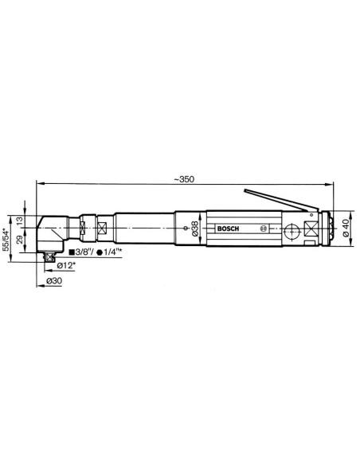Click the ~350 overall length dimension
point(184,179)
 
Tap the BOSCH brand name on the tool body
point(228,229)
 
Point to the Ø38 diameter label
point(194,229)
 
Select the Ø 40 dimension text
point(346,229)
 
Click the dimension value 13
point(19,221)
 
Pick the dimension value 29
point(19,240)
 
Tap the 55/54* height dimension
point(6,240)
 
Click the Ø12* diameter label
point(66,265)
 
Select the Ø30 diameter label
point(54,280)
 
